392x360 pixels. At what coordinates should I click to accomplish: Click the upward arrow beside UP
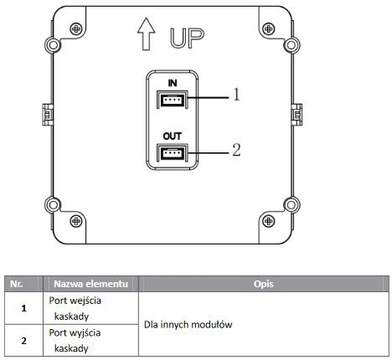(x=146, y=34)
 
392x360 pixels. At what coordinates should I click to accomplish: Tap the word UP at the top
(x=187, y=38)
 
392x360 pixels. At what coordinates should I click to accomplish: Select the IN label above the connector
(x=173, y=83)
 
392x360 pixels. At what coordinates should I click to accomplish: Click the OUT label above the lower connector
(x=173, y=136)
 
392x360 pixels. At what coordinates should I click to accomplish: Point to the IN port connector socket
(x=173, y=100)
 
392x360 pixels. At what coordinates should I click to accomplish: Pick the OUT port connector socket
(x=173, y=152)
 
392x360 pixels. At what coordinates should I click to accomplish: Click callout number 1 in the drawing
(x=236, y=95)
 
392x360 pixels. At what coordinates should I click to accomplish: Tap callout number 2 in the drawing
(x=236, y=150)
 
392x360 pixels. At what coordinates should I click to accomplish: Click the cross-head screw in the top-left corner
(x=76, y=28)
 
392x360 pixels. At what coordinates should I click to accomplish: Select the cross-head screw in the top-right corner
(x=269, y=28)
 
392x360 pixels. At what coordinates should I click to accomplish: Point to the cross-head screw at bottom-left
(x=76, y=221)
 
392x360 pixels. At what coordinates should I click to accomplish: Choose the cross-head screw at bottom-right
(x=269, y=221)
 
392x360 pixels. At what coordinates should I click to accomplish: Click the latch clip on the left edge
(x=48, y=115)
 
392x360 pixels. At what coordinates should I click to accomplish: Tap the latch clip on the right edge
(x=297, y=115)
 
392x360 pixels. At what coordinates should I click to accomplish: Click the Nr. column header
(x=17, y=284)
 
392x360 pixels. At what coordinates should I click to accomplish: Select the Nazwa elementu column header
(x=90, y=284)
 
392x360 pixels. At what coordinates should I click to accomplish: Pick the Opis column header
(x=264, y=284)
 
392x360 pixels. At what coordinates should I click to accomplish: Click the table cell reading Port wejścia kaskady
(x=75, y=308)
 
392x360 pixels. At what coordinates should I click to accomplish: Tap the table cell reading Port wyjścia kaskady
(x=75, y=341)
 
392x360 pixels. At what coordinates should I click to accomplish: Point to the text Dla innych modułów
(x=188, y=325)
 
